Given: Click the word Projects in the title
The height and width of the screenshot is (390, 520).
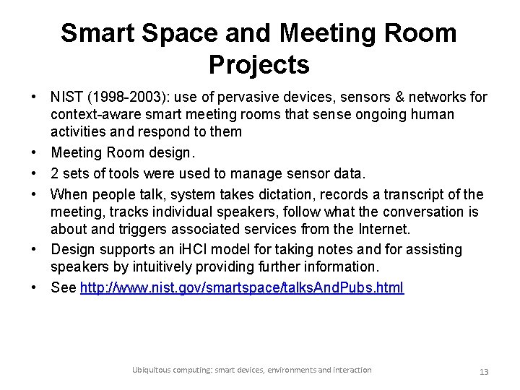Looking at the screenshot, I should [259, 65].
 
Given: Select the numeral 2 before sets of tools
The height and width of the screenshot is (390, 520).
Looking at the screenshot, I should [56, 173].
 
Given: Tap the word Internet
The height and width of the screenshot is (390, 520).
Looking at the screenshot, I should [384, 230].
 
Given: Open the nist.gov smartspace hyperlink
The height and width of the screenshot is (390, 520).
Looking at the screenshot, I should [242, 287].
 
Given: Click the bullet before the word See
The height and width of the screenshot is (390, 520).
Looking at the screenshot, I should [34, 287].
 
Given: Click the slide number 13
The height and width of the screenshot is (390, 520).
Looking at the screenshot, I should [484, 371].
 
